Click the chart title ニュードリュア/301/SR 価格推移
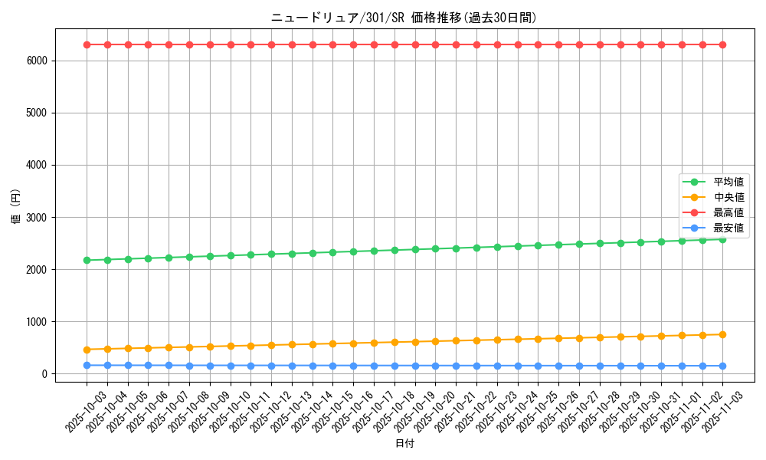(x=404, y=18)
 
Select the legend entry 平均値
(x=728, y=182)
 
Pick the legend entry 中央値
(x=728, y=198)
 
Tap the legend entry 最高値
(x=728, y=213)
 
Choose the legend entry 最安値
(x=728, y=228)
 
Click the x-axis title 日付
(x=404, y=444)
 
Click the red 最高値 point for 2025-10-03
(x=87, y=44)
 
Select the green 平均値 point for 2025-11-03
(x=723, y=239)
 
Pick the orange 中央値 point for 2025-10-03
(x=87, y=350)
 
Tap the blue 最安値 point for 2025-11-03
(x=723, y=366)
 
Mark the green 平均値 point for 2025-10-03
(x=87, y=260)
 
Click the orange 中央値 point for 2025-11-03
(x=723, y=334)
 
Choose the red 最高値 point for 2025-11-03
(x=723, y=44)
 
